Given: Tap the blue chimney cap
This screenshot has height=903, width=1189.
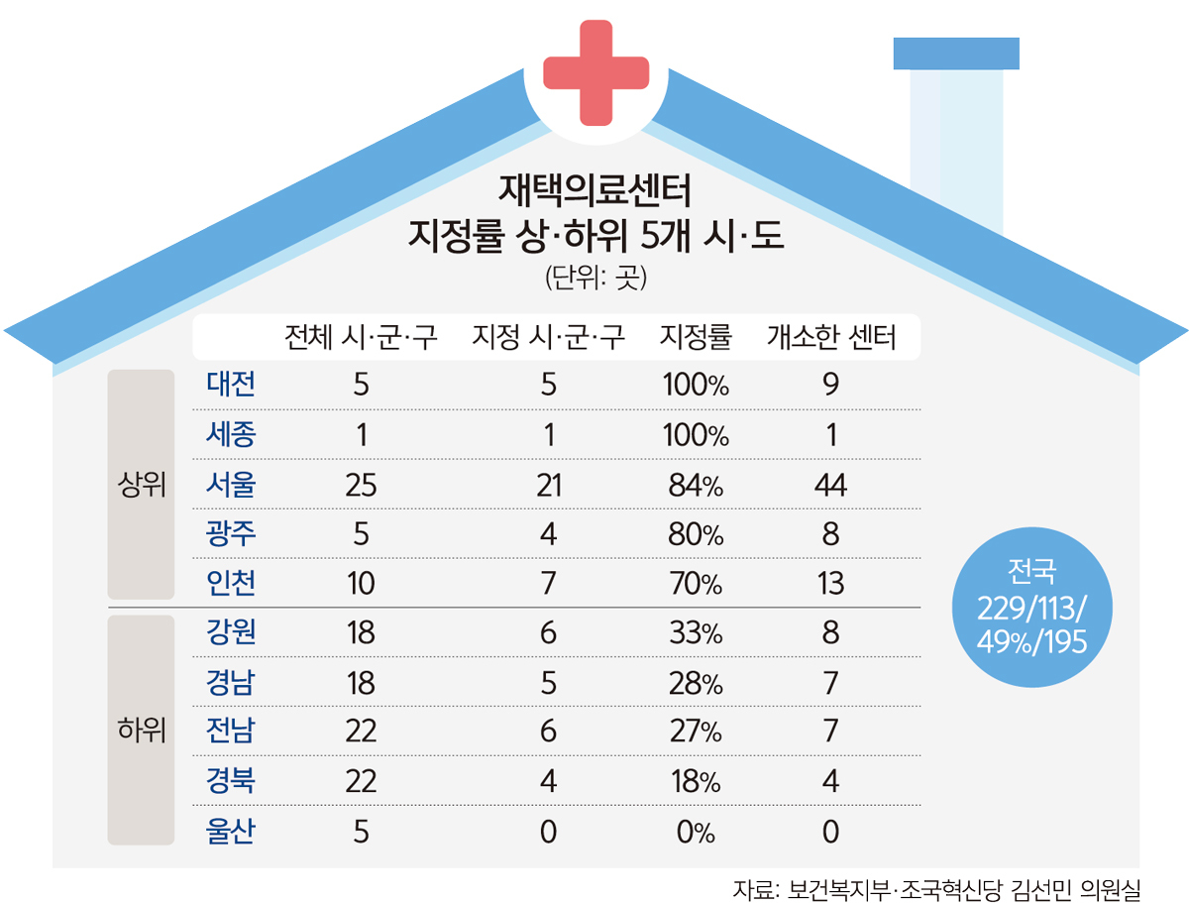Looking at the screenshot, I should (x=956, y=54).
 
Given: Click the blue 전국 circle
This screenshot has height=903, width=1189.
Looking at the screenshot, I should (x=1031, y=606).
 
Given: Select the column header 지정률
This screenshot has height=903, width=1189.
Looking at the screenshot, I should (x=696, y=339).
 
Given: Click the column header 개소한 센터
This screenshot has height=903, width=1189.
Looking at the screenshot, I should (x=831, y=339).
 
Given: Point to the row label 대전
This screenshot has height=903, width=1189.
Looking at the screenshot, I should (x=232, y=384).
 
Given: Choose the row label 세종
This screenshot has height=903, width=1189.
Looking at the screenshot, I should (x=232, y=434).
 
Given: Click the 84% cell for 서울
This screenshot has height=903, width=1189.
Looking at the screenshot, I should (x=696, y=486).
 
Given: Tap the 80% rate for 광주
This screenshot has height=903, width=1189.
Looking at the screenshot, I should (x=696, y=535).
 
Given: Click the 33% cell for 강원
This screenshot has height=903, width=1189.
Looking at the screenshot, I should (x=696, y=633).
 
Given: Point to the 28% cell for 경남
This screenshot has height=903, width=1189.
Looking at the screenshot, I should (x=696, y=683).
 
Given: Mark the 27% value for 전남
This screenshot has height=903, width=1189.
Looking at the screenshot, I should (x=696, y=732).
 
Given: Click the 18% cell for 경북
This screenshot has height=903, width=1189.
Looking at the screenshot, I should (x=696, y=781).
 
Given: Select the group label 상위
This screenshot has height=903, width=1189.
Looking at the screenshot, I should (x=141, y=486).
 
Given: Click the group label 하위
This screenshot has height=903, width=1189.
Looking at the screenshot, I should (x=141, y=732).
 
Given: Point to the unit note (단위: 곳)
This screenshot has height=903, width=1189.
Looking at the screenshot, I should (x=595, y=279).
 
